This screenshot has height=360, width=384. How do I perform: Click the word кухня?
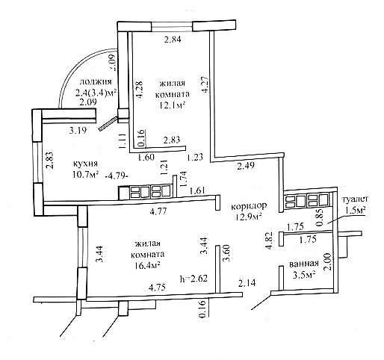pyautogui.click(x=85, y=164)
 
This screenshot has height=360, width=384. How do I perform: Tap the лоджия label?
pyautogui.click(x=96, y=82)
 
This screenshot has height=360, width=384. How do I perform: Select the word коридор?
pyautogui.click(x=249, y=206)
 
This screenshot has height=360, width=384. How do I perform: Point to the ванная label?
pyautogui.click(x=304, y=264)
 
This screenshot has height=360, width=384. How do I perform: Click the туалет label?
pyautogui.click(x=356, y=199)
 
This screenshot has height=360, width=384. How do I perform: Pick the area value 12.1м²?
pyautogui.click(x=172, y=105)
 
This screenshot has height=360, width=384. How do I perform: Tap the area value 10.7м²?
pyautogui.click(x=86, y=175)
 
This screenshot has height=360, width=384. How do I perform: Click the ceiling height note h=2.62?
pyautogui.click(x=193, y=278)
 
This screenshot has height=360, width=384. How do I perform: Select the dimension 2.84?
pyautogui.click(x=173, y=40)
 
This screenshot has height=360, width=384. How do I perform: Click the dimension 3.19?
pyautogui.click(x=78, y=130)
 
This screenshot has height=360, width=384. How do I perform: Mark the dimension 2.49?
pyautogui.click(x=246, y=166)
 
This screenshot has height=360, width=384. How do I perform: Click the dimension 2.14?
pyautogui.click(x=247, y=283)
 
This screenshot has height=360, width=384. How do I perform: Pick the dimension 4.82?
pyautogui.click(x=269, y=240)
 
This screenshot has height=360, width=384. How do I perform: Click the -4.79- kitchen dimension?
pyautogui.click(x=117, y=176)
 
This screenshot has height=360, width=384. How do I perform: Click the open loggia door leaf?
pyautogui.click(x=108, y=123)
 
